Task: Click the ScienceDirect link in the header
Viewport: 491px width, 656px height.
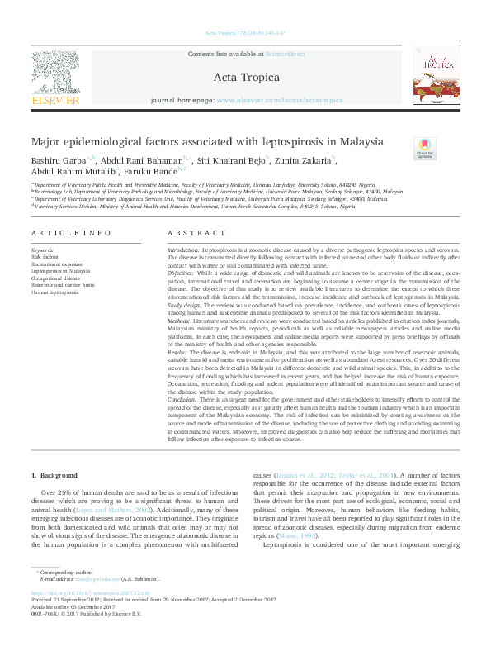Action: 285,54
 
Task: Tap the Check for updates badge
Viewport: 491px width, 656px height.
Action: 424,150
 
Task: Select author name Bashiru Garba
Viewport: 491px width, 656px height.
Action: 53,160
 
